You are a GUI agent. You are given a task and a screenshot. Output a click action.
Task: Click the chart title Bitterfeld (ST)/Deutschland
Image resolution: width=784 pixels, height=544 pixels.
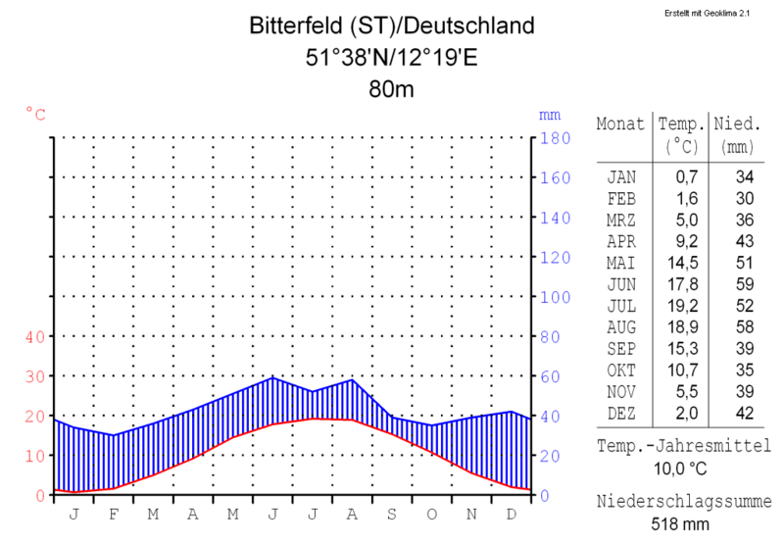[392, 25]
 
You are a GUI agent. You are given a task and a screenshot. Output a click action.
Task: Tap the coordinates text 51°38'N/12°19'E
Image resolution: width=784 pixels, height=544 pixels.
[392, 57]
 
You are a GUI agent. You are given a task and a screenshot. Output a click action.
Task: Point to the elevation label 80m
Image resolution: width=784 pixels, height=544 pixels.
[392, 89]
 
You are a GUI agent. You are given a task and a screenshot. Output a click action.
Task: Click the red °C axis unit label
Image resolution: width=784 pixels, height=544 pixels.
[35, 115]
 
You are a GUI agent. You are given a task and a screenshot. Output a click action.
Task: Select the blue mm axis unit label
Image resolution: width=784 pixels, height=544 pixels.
[548, 115]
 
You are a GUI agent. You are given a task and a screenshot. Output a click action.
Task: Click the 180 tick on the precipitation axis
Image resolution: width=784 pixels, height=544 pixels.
[556, 138]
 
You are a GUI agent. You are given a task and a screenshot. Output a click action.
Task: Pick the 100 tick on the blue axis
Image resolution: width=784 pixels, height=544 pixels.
[556, 297]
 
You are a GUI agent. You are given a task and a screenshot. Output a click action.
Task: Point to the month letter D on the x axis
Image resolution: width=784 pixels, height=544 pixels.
[512, 514]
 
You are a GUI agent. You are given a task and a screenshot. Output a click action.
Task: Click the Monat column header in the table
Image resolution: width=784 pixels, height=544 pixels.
[621, 125]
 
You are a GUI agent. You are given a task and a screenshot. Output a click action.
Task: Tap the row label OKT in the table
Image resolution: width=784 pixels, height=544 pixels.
[621, 370]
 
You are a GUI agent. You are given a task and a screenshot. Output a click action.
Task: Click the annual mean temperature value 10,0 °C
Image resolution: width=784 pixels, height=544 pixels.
[681, 468]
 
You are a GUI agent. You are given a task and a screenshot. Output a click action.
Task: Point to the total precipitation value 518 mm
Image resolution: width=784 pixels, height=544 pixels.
[681, 524]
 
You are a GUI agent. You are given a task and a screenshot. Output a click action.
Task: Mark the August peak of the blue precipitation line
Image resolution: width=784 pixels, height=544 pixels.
[352, 379]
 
